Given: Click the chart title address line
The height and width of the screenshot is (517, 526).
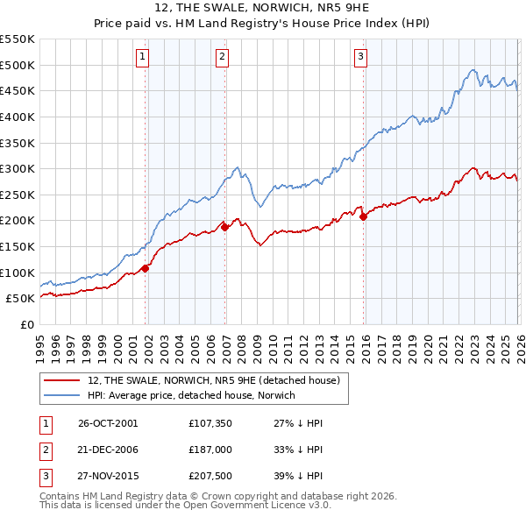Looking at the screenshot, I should click(x=263, y=8).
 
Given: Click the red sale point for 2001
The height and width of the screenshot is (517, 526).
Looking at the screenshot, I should click(x=146, y=269).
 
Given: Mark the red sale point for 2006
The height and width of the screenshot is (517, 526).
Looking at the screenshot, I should click(x=225, y=227).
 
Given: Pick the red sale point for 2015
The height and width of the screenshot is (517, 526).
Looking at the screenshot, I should click(x=363, y=216).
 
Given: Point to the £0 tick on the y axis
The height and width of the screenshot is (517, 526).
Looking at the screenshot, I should click(x=26, y=324).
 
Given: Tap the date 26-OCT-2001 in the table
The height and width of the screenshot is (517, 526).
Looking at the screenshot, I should click(x=107, y=423).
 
